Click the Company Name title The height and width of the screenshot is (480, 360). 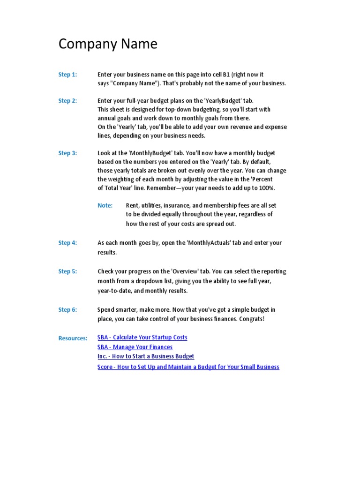(108, 44)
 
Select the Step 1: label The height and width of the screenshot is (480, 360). (67, 75)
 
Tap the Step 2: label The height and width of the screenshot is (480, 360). (67, 101)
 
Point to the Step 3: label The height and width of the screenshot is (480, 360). (67, 153)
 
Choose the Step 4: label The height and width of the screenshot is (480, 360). (67, 243)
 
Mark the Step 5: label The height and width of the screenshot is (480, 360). (67, 271)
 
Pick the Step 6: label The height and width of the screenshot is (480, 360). (67, 310)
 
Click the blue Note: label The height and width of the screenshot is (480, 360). (105, 205)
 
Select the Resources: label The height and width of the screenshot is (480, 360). (73, 338)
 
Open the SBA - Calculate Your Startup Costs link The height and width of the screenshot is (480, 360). (142, 337)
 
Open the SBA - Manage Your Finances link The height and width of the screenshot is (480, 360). (135, 347)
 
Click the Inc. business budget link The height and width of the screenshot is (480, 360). (146, 357)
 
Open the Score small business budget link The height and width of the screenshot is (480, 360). (188, 367)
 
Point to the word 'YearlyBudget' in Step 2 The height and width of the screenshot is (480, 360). (225, 101)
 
